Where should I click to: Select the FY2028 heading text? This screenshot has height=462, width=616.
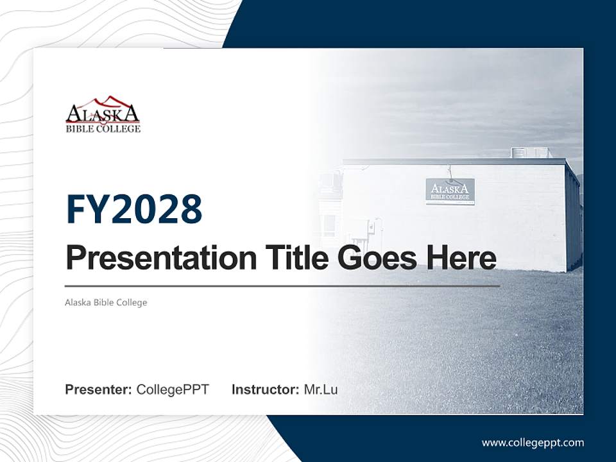point(134,209)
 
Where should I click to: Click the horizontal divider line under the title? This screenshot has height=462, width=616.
point(282,286)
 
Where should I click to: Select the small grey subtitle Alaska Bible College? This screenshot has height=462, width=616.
point(106,302)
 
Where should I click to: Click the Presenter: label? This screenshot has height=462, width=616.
point(99,389)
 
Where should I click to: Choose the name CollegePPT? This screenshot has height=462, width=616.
point(173,389)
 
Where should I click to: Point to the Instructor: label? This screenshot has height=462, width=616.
point(265,389)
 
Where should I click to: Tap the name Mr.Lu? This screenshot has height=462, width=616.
point(321,389)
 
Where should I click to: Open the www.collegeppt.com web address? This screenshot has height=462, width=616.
point(533,443)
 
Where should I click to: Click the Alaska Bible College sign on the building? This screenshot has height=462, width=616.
point(450,191)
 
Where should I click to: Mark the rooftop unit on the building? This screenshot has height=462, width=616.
point(530,153)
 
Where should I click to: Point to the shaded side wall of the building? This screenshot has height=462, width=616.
point(573,221)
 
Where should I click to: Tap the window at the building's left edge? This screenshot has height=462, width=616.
point(329,225)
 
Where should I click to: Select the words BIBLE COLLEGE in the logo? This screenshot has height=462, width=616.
point(103,129)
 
